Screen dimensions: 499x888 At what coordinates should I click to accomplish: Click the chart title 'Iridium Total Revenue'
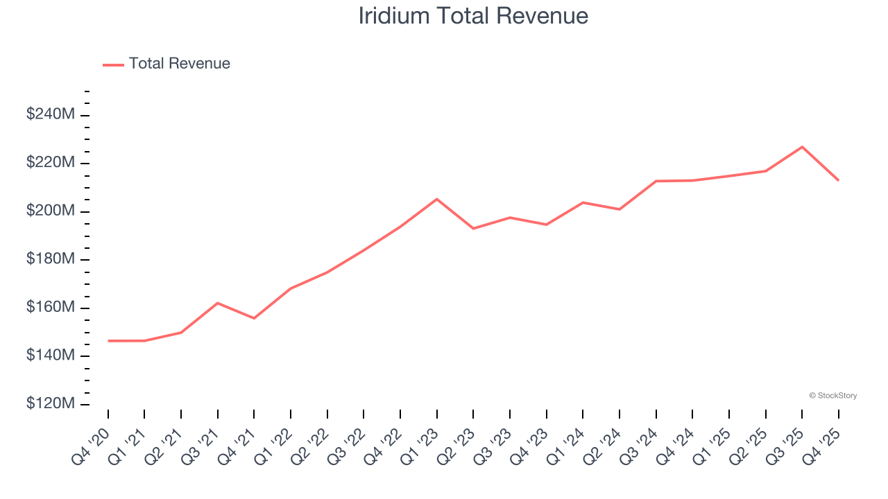(x=473, y=15)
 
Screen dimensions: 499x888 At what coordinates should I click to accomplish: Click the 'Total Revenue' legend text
(x=179, y=64)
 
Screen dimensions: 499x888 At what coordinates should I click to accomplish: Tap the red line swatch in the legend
(x=113, y=64)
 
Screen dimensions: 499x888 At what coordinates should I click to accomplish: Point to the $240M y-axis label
(x=51, y=114)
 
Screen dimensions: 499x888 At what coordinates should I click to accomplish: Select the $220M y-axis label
(x=51, y=163)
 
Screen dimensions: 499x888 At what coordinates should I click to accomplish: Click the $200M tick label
(x=51, y=211)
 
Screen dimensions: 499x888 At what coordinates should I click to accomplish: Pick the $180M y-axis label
(x=51, y=259)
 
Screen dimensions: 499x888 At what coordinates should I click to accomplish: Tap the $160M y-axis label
(x=51, y=307)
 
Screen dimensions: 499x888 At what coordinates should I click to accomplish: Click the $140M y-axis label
(x=51, y=356)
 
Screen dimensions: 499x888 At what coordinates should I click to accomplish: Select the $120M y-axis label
(x=51, y=404)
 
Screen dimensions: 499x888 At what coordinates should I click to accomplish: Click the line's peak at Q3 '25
(x=802, y=147)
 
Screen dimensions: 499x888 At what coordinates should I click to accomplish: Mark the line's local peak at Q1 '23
(x=436, y=199)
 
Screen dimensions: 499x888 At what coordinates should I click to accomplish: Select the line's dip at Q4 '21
(x=254, y=318)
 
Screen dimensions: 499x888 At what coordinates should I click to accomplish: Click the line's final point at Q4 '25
(x=838, y=180)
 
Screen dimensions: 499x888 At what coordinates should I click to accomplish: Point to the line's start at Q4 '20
(x=108, y=341)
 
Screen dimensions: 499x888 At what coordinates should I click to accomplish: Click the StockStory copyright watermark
(x=832, y=396)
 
